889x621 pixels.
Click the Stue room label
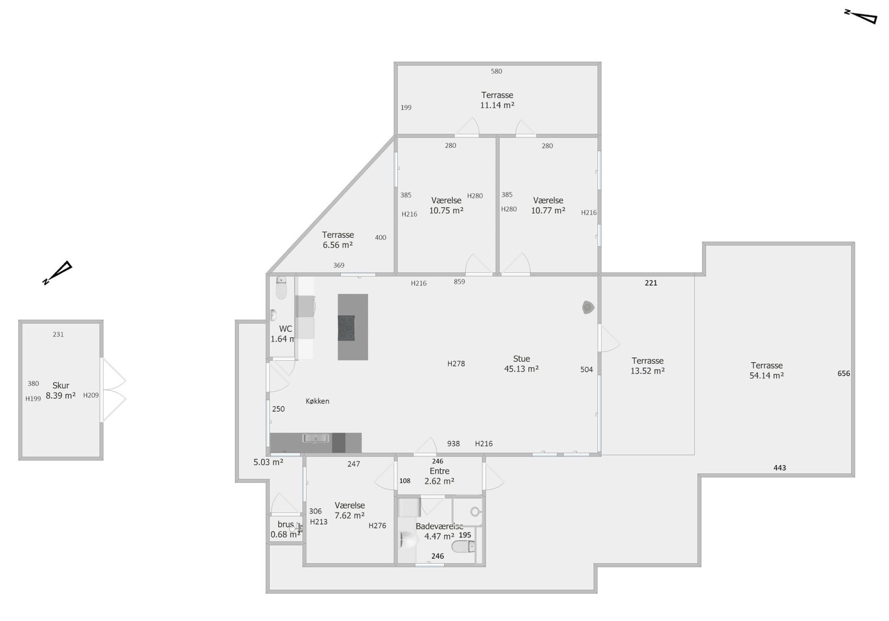coord(521,358)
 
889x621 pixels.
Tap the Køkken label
coord(317,401)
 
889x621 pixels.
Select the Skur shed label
coord(61,386)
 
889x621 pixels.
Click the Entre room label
coord(439,471)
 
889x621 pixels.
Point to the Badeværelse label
coord(439,526)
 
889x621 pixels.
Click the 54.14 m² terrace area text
coord(766,375)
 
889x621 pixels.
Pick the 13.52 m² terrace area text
coord(648,371)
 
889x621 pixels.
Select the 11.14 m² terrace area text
coord(497,105)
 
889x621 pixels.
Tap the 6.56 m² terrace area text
coord(337,245)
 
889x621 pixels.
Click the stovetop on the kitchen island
coord(346,328)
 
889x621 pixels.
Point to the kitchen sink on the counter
coord(315,438)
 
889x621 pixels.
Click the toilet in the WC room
coord(281,287)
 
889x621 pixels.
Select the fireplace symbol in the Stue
coord(588,307)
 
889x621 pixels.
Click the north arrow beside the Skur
coord(57,273)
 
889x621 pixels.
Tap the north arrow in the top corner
coord(860,16)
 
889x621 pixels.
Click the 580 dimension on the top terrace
coord(496,71)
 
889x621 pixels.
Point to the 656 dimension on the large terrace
coord(844,373)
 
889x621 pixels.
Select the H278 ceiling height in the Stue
coord(456,364)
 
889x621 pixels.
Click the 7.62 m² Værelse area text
coord(350,516)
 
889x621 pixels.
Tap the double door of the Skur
coord(114,390)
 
